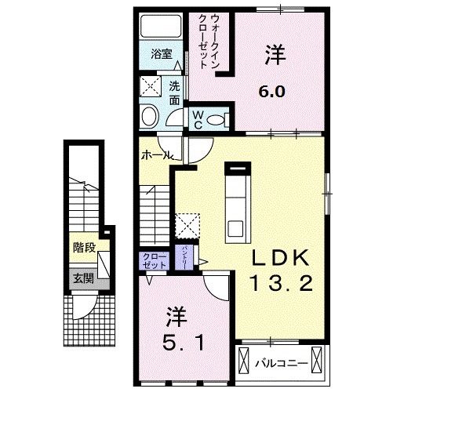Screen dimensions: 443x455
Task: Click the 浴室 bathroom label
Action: [162, 56]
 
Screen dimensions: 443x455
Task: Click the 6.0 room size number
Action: [272, 89]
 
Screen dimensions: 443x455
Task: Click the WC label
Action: [198, 118]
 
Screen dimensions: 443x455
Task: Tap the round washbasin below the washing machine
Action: [149, 117]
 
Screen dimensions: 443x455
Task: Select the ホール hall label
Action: [156, 156]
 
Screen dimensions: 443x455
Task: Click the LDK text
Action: [282, 259]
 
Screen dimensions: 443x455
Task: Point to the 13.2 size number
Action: [282, 283]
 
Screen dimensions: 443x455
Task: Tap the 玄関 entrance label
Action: [83, 277]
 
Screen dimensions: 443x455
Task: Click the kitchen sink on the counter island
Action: [235, 228]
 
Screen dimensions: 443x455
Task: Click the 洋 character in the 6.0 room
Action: [275, 56]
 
